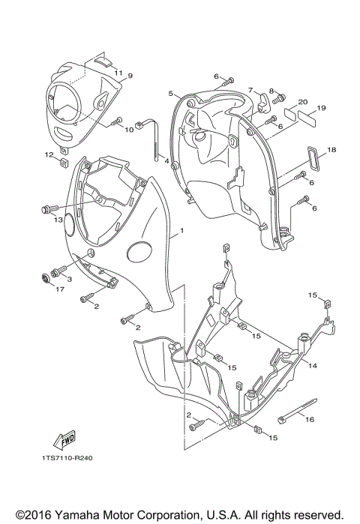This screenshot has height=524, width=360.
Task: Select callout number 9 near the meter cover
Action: click(129, 76)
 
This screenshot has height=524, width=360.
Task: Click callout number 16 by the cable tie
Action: click(309, 421)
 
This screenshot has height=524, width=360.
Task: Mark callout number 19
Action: click(320, 109)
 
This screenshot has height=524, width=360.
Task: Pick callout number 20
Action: click(302, 102)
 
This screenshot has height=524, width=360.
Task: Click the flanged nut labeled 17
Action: click(45, 280)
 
